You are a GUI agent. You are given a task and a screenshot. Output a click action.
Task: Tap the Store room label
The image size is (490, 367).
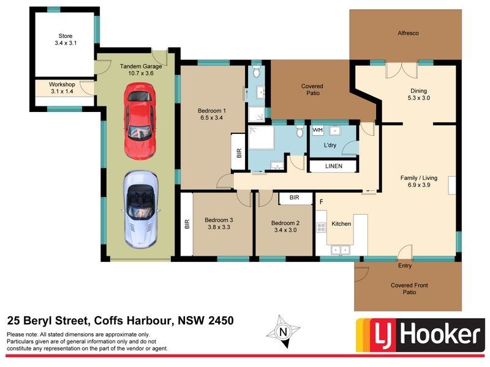click(66, 36)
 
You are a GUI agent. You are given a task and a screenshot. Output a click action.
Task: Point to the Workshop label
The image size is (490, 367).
click(62, 84)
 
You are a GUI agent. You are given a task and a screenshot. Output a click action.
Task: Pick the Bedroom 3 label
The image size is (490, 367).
click(219, 220)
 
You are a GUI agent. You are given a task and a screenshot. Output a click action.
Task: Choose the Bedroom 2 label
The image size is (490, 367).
click(285, 223)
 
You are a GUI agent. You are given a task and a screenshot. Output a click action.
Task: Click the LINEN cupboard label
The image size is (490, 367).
click(333, 166)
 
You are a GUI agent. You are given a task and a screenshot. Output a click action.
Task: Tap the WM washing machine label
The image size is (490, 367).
click(317, 130)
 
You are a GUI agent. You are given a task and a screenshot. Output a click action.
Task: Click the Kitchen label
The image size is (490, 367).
click(341, 224)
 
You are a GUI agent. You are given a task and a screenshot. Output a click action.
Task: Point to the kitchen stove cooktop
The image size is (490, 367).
click(320, 227)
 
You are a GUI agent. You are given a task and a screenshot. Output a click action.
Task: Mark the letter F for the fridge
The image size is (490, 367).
click(320, 201)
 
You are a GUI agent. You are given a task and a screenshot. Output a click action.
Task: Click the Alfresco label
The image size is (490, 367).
click(407, 33)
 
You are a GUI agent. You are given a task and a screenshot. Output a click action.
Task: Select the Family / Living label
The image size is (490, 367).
click(420, 177)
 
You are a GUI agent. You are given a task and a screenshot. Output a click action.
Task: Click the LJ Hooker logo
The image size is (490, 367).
click(419, 335)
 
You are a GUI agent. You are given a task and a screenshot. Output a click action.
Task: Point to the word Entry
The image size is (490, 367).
click(405, 265)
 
